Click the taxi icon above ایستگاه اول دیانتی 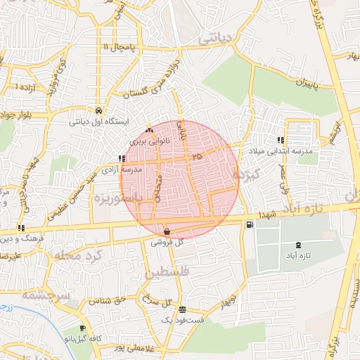[x=98, y=111]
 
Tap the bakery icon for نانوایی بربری [x=148, y=131]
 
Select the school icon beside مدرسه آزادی [x=122, y=159]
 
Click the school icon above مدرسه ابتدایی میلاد [x=281, y=140]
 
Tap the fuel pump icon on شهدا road [x=250, y=224]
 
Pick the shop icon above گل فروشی [x=167, y=231]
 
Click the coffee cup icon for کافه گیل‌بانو [x=83, y=328]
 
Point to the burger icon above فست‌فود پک [x=183, y=310]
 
